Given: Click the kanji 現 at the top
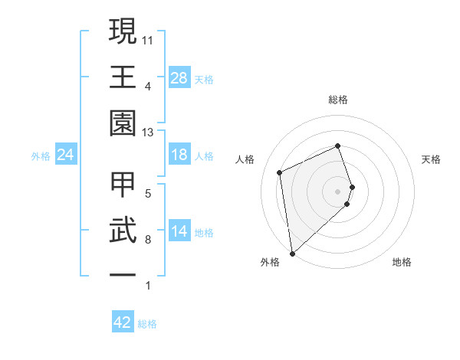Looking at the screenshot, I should pos(123,33).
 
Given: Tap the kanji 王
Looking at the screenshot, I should pos(123,78).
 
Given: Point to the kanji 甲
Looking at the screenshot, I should pos(123,186).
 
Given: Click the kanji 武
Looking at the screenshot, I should pos(123,231).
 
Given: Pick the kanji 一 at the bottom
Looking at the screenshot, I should pos(123,276).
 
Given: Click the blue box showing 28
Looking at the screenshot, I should pos(179,77).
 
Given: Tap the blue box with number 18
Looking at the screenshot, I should pos(179,155).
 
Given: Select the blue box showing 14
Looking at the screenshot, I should pos(179,231).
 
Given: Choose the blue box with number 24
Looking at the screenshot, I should pos(65,155).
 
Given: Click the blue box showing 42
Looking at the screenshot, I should pos(123,322).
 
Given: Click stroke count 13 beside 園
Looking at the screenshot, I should pos(148,132).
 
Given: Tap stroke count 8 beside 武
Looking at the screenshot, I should pos(147,240).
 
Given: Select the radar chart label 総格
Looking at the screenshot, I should pos(338,100).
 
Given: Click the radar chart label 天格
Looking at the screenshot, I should pos(432,159).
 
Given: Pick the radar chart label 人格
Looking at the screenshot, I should pos(245,159).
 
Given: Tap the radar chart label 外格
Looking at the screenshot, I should pos(270,262).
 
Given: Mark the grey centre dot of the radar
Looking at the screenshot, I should pos(338,190).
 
